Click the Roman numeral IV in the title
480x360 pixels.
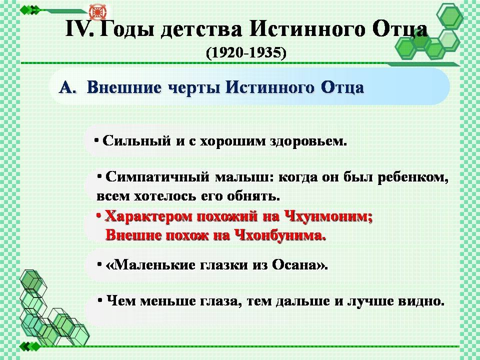click(x=79, y=29)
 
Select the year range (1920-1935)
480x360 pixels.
click(x=246, y=53)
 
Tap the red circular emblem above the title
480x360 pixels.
click(x=97, y=12)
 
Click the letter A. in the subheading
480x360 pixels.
click(x=67, y=88)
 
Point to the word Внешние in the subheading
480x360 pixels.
click(x=124, y=87)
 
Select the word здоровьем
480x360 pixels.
click(x=308, y=141)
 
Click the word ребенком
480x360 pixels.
click(x=413, y=177)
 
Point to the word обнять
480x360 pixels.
click(x=254, y=196)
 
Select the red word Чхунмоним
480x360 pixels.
click(x=328, y=216)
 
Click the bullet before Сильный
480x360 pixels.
click(x=96, y=140)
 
